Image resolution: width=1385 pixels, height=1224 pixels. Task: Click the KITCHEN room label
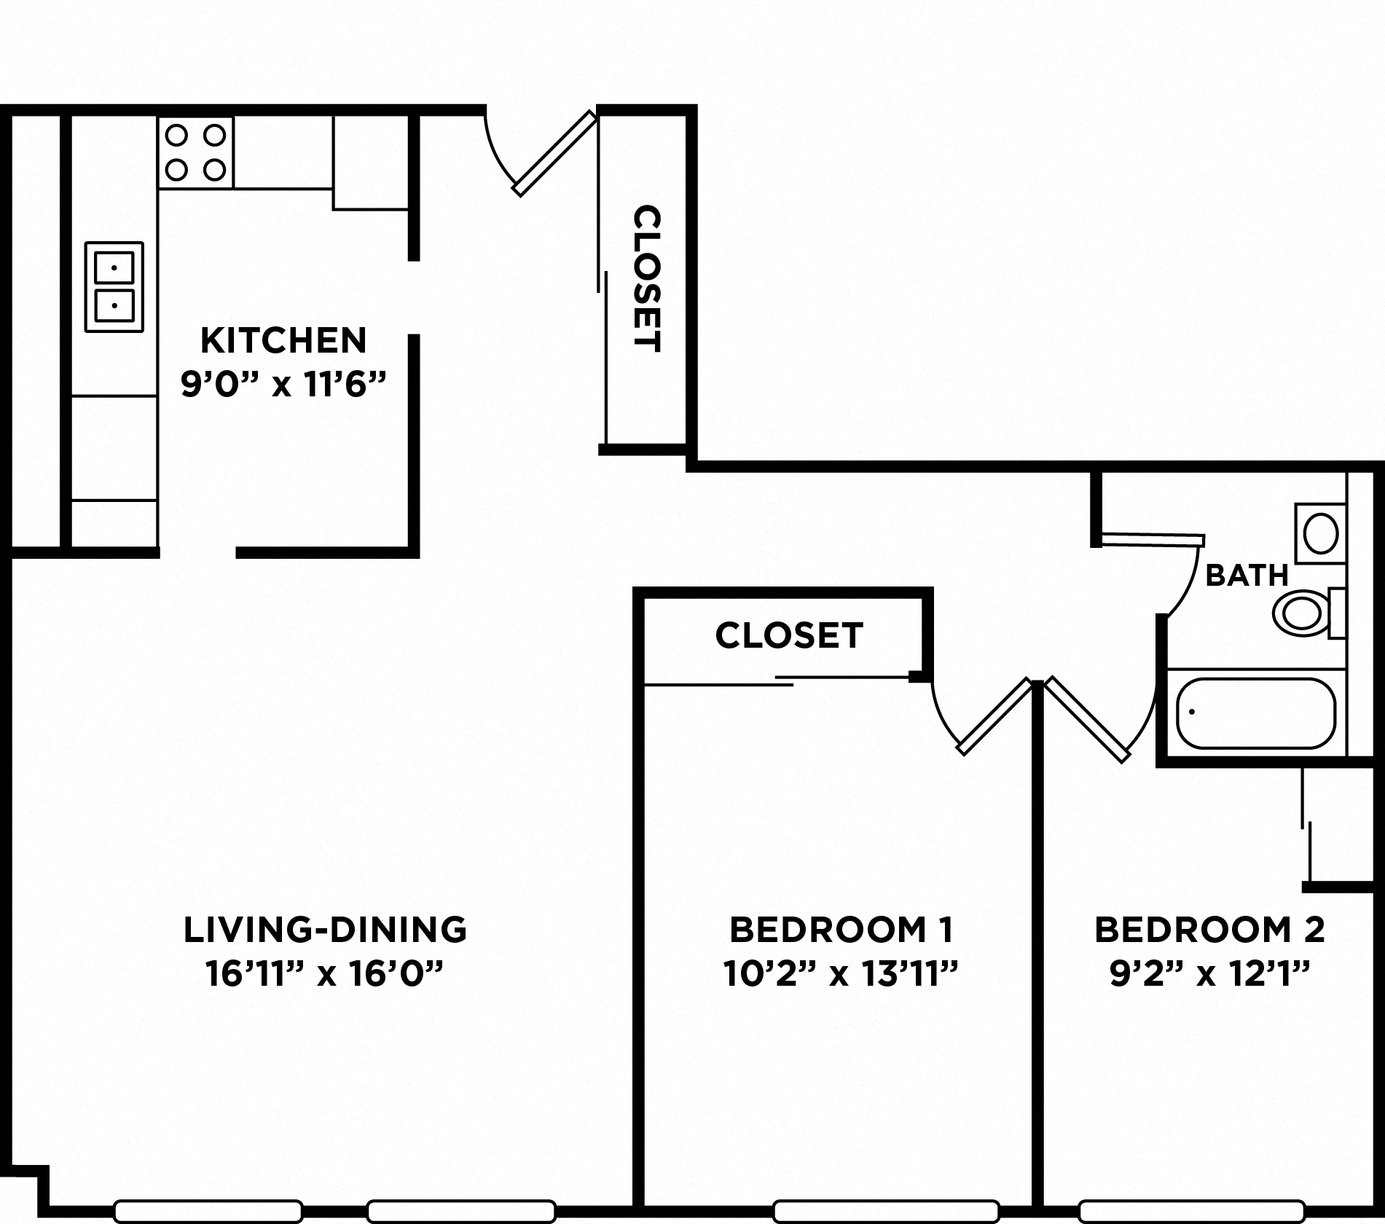(283, 341)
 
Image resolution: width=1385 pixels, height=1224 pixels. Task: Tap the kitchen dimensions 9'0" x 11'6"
(283, 384)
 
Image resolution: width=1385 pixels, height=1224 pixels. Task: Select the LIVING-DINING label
(325, 930)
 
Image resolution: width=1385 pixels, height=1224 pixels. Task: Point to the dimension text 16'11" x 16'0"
(325, 973)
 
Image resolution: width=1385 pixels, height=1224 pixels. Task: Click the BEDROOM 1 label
(841, 930)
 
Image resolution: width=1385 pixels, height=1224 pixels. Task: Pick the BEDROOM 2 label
(1209, 930)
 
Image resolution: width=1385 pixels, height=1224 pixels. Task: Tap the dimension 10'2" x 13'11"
(840, 973)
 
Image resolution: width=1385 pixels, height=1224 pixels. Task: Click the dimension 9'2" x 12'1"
(1209, 973)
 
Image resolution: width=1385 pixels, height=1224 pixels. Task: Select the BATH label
(1247, 576)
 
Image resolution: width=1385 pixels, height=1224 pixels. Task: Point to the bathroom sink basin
(1320, 533)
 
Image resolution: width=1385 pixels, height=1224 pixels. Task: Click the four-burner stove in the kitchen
(195, 153)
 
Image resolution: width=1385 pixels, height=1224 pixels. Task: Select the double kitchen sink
(114, 287)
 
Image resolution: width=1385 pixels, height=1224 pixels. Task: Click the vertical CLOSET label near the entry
(646, 279)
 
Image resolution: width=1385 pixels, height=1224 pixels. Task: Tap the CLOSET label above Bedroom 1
(789, 635)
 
